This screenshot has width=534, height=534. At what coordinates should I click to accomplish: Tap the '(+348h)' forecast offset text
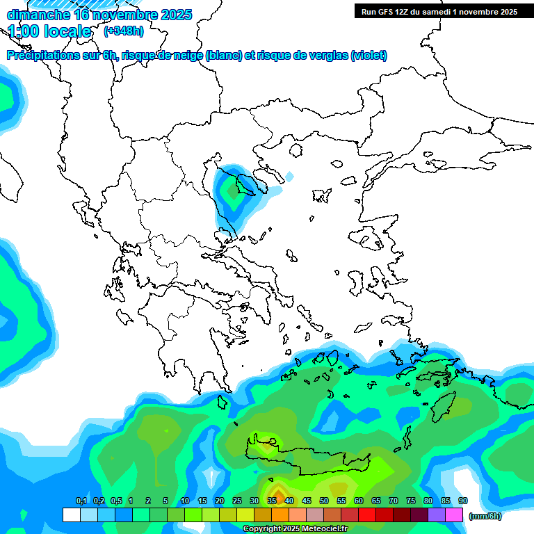click(123, 31)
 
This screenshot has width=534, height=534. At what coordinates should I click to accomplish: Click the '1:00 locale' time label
click(50, 31)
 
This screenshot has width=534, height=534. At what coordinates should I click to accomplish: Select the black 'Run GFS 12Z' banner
click(439, 11)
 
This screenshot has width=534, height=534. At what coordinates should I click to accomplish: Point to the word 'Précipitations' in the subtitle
click(42, 56)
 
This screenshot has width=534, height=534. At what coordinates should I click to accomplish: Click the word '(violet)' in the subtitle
click(369, 56)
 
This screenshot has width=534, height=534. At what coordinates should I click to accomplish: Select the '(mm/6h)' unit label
click(485, 516)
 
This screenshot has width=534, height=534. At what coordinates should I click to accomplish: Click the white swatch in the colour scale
click(71, 515)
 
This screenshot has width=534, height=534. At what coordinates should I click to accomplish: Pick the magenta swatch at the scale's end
click(454, 515)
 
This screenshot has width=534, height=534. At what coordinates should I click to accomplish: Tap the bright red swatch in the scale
click(367, 515)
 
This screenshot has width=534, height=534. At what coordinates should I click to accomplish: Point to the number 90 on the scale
click(463, 501)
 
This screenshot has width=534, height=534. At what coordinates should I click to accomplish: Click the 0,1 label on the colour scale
click(81, 501)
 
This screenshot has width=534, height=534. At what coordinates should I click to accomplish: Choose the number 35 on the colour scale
click(272, 501)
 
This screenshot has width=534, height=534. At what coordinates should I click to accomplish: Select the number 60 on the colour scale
click(359, 501)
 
